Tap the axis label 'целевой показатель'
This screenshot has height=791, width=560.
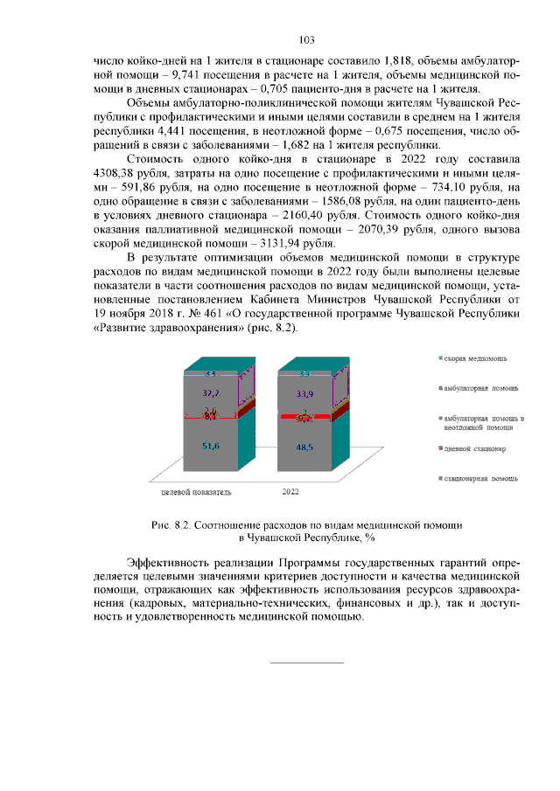[197, 492]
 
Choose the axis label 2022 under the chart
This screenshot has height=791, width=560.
[290, 492]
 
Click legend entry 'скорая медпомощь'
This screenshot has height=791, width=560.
[475, 359]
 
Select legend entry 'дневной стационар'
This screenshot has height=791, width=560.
[475, 448]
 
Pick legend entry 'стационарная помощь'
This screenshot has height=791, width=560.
[479, 478]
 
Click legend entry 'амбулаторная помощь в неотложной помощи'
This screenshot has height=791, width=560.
[483, 423]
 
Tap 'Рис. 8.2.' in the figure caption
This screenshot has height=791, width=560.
[171, 525]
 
